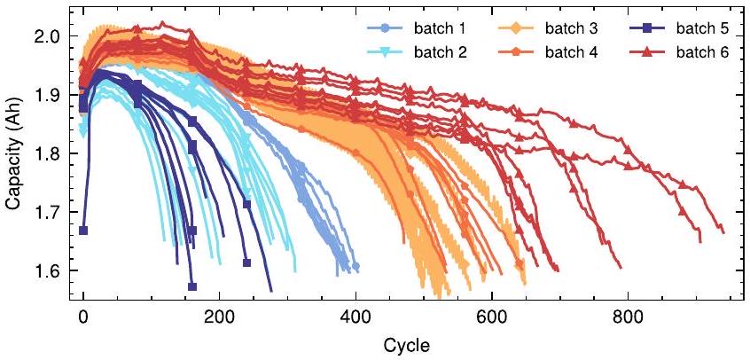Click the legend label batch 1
pos(436,29)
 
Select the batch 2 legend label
pos(436,52)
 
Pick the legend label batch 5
pos(700,29)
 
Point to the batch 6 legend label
pos(700,52)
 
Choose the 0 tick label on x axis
pos(83,316)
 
